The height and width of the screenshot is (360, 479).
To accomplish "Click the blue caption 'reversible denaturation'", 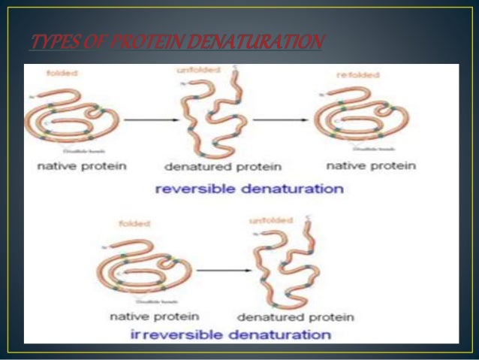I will point(249,189).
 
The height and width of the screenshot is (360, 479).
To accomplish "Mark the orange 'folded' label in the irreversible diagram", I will point(137,223).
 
